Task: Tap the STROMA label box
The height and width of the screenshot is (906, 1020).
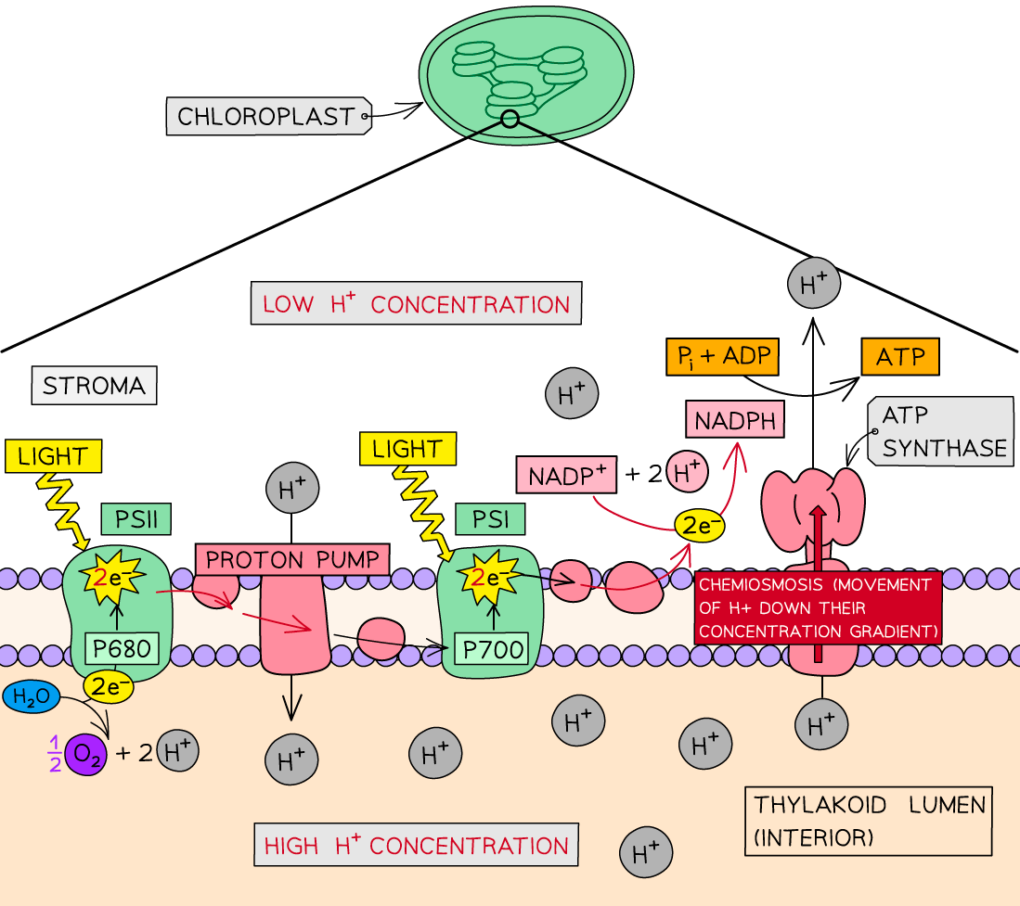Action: point(94,386)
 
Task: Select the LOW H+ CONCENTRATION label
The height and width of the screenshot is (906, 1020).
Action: point(416,304)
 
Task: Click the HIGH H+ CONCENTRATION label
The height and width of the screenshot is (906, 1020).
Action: point(416,846)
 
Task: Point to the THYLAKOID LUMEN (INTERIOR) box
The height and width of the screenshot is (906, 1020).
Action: point(869,821)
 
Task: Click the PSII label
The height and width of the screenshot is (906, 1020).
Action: point(136,519)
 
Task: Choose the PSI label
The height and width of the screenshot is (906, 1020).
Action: point(490,519)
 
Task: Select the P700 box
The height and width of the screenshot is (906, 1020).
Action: point(490,648)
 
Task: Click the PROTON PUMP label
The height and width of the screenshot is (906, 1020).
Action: point(292,559)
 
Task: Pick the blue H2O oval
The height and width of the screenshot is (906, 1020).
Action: point(31,697)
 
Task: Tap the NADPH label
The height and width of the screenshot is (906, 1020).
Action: point(734,419)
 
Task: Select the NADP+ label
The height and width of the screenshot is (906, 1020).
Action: point(566,477)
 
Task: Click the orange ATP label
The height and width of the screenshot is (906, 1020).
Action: point(899,356)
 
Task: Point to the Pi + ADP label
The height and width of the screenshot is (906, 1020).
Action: point(721,356)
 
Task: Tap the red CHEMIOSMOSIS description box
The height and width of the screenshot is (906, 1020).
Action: point(817,607)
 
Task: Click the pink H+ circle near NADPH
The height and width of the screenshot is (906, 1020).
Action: point(687,473)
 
